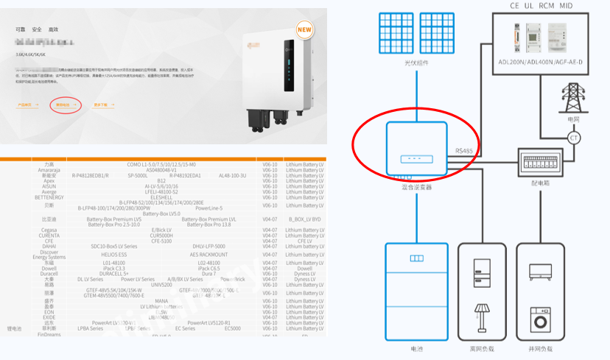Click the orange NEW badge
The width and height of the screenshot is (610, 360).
pos(304,29)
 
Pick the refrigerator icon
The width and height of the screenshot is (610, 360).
pos(483,272)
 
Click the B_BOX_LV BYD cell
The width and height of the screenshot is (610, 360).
pos(304,219)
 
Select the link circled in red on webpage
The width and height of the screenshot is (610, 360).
pos(63,105)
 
